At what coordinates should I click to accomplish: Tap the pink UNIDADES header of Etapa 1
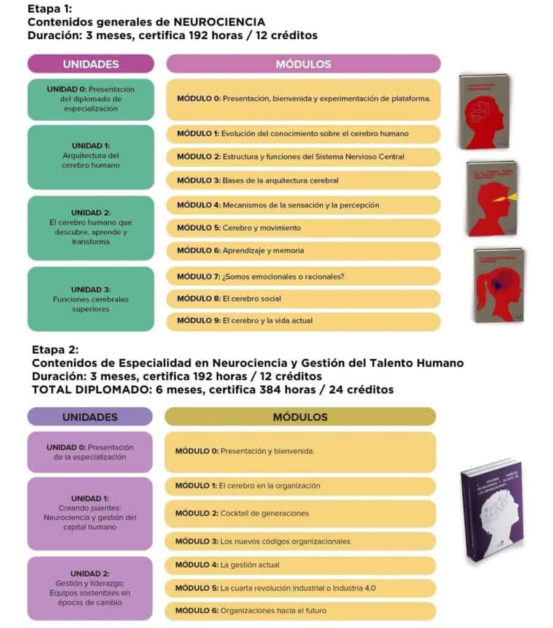click(90, 64)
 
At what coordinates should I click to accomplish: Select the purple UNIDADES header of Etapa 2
click(90, 416)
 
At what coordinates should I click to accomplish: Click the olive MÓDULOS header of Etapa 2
click(300, 416)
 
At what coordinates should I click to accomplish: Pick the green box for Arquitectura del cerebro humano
click(90, 156)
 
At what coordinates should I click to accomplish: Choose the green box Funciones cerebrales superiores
click(90, 299)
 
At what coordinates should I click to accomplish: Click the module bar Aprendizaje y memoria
click(303, 250)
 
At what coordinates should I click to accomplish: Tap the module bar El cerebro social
click(303, 299)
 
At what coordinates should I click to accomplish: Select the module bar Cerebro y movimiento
click(303, 228)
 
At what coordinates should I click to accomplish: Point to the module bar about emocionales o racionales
click(303, 276)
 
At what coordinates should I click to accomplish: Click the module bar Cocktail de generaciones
click(300, 513)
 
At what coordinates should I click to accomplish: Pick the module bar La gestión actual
click(300, 565)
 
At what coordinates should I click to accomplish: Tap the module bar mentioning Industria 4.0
click(300, 588)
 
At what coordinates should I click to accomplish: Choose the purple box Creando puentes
click(90, 513)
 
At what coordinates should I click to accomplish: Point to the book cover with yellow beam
click(492, 198)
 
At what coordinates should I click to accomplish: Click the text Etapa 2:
click(55, 350)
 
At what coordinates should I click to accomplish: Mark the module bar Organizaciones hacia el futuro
click(300, 610)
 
